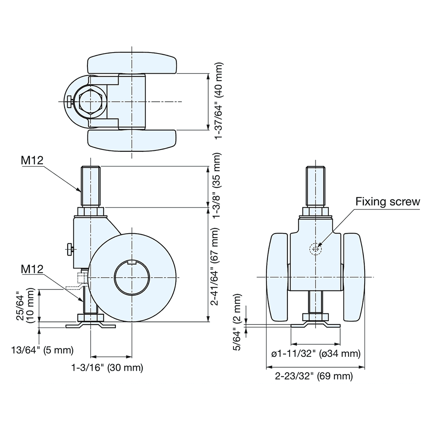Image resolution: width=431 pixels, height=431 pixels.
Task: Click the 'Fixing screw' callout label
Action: point(387,202)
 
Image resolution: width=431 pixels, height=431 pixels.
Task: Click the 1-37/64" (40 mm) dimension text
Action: point(219,101)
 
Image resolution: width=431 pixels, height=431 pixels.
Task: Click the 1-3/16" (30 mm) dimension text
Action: point(107,368)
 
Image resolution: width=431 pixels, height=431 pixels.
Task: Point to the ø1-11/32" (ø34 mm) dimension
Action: point(315,354)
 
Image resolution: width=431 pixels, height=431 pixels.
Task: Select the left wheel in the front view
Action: point(278,277)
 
